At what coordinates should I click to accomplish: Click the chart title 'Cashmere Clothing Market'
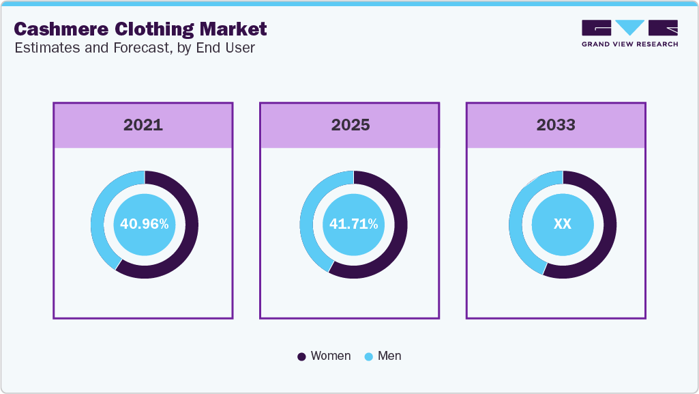click(x=140, y=29)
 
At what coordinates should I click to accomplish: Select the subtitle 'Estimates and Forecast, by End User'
click(x=134, y=48)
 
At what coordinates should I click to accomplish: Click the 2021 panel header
click(x=143, y=125)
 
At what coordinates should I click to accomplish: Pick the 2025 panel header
click(x=350, y=125)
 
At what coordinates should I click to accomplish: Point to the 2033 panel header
click(x=556, y=125)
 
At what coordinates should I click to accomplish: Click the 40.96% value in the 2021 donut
click(x=144, y=224)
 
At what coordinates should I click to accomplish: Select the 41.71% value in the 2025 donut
click(x=353, y=224)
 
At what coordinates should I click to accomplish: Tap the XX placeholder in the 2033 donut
click(x=562, y=224)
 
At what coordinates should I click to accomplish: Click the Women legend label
click(x=330, y=356)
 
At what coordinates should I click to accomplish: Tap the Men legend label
click(x=389, y=356)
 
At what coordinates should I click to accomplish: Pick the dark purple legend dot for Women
click(x=302, y=356)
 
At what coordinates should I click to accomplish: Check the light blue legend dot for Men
click(x=369, y=356)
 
